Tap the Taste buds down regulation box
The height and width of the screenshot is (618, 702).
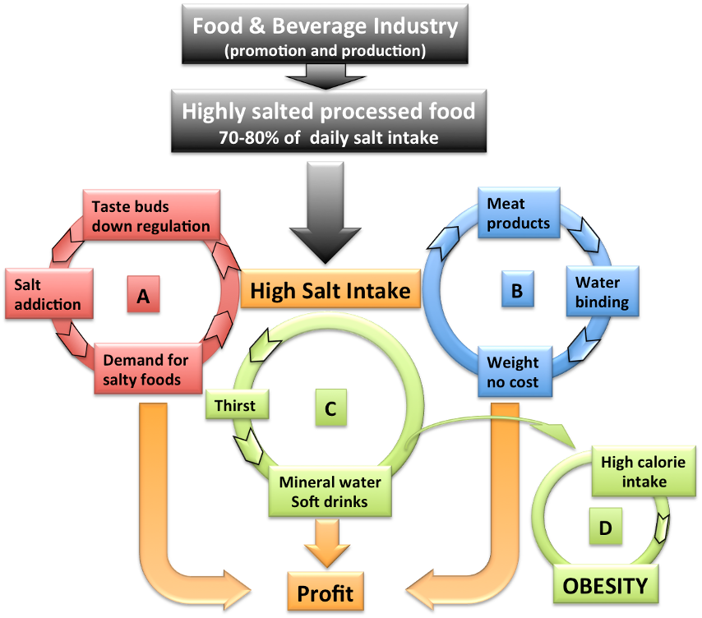click(x=151, y=215)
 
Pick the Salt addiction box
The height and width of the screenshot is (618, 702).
click(x=48, y=294)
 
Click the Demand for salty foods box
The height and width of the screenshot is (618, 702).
click(x=146, y=368)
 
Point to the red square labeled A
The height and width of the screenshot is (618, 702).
click(x=143, y=294)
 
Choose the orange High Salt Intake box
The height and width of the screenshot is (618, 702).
click(x=330, y=291)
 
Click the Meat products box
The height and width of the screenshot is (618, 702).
click(x=518, y=213)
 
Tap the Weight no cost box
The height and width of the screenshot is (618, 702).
click(x=514, y=371)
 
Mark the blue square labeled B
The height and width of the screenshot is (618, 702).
click(x=517, y=290)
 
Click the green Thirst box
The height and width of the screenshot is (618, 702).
click(x=235, y=405)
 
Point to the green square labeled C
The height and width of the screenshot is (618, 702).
click(x=330, y=408)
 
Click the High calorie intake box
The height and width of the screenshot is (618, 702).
click(x=644, y=472)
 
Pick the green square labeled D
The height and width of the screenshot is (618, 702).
click(x=605, y=528)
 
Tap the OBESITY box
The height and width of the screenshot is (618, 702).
click(x=605, y=585)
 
